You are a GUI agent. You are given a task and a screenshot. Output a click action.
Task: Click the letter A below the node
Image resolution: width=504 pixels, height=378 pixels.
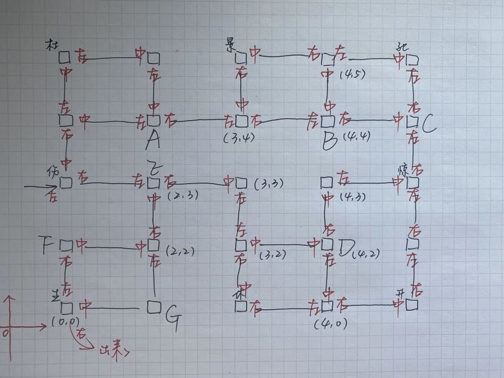(153, 140)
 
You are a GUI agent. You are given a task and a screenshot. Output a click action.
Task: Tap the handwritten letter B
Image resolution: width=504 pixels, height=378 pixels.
(329, 142)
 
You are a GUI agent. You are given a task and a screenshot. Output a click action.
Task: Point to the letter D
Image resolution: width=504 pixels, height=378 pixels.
(346, 248)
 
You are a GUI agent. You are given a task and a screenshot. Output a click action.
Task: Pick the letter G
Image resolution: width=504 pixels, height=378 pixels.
(172, 319)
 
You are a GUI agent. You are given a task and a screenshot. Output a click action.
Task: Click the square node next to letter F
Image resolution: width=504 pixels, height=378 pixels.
(66, 245)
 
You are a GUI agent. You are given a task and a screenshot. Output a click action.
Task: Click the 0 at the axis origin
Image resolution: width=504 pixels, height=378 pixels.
(5, 333)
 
